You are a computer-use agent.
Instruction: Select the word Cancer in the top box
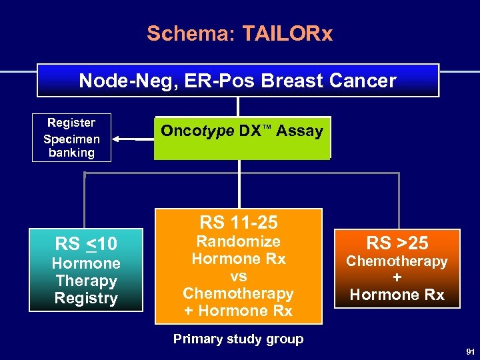click(x=365, y=81)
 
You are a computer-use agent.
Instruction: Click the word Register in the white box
click(x=71, y=123)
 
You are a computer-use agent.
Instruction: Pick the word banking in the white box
click(x=71, y=153)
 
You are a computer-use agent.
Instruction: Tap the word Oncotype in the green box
click(x=197, y=131)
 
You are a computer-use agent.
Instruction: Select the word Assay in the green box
click(x=300, y=131)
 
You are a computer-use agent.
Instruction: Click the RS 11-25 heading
click(x=239, y=222)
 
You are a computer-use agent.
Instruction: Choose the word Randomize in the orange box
click(x=239, y=241)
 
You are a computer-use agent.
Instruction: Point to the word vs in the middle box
click(x=239, y=276)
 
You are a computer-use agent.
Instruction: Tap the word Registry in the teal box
click(x=86, y=299)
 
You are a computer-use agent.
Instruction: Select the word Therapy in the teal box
click(x=86, y=281)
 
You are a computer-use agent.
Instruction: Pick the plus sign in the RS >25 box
click(x=397, y=278)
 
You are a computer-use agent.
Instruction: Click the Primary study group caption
click(x=239, y=339)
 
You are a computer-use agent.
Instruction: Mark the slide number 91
click(x=470, y=351)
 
